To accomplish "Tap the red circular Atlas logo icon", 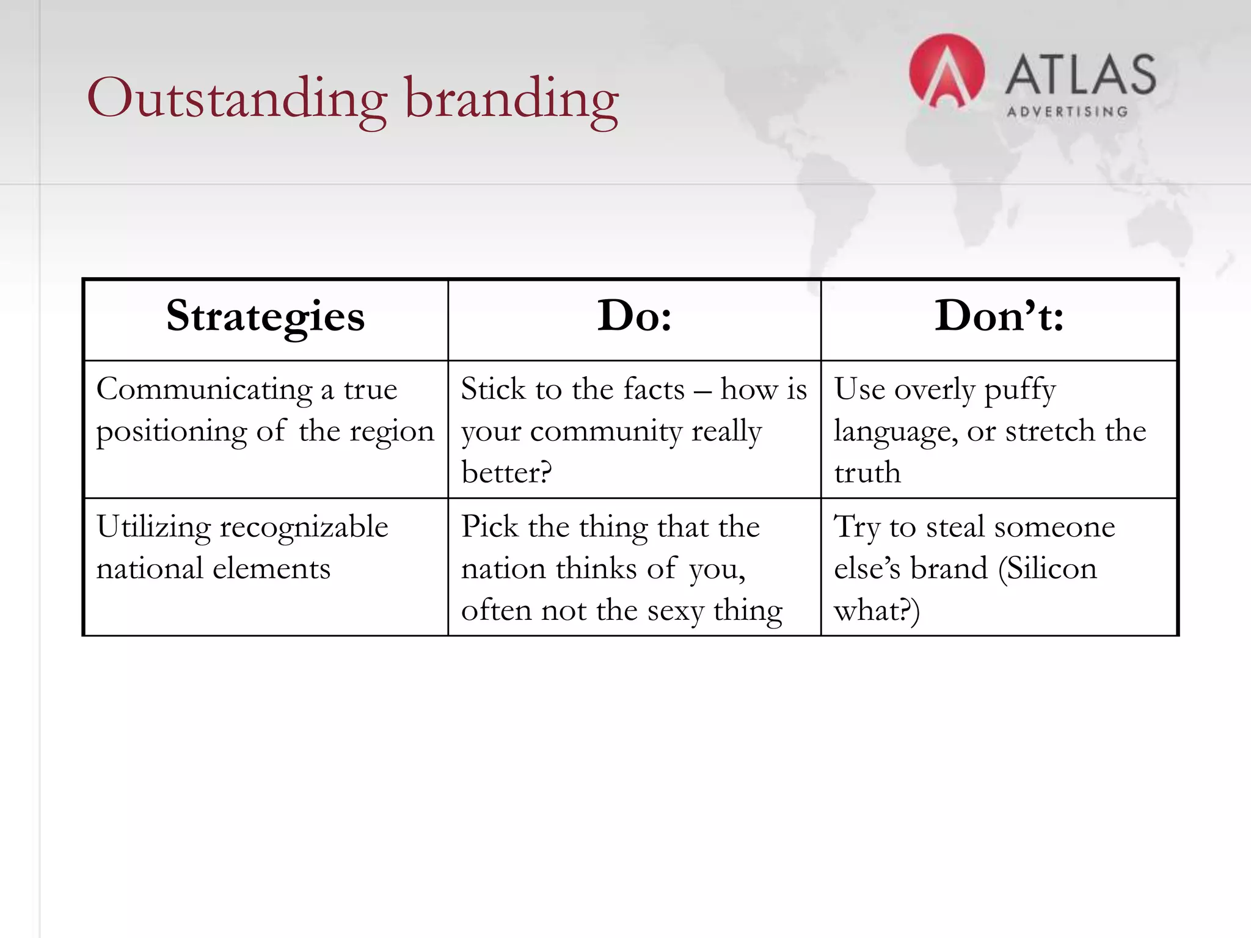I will tap(946, 71).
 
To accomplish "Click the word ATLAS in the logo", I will tap(1081, 75).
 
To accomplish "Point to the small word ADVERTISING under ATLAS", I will tap(1067, 112).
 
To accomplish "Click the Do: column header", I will tap(634, 316).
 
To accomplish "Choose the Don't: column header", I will tap(999, 316).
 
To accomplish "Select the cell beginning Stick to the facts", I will tap(633, 430).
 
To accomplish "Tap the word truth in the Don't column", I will tap(867, 473).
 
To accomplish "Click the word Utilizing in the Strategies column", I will tap(153, 527).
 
